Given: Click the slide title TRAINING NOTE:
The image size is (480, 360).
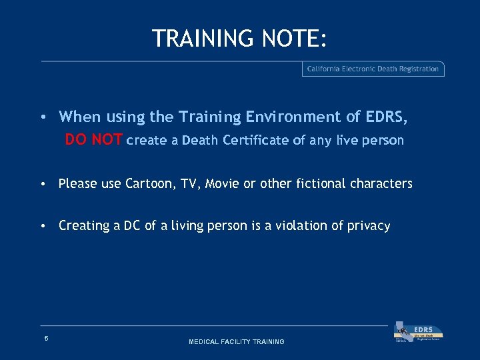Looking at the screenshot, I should pos(239,39).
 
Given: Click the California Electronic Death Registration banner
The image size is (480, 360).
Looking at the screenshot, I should pos(373,69).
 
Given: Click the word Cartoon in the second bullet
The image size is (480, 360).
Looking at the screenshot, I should pos(147,183).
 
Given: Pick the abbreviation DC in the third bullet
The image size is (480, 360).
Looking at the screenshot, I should pos(122,225).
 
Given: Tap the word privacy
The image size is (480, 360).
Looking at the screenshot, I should pos(369,226).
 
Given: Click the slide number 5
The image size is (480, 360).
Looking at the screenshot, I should pos(46,339).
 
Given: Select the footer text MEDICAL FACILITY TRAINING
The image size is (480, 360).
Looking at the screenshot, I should pos(237,342).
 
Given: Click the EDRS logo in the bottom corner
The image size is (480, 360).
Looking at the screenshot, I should pos(419,333).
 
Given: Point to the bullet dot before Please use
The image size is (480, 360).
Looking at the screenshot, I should pos(43,184).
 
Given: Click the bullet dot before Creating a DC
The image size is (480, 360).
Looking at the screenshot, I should pos(43,226).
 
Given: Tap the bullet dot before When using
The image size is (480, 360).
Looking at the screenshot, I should pos(43,117).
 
